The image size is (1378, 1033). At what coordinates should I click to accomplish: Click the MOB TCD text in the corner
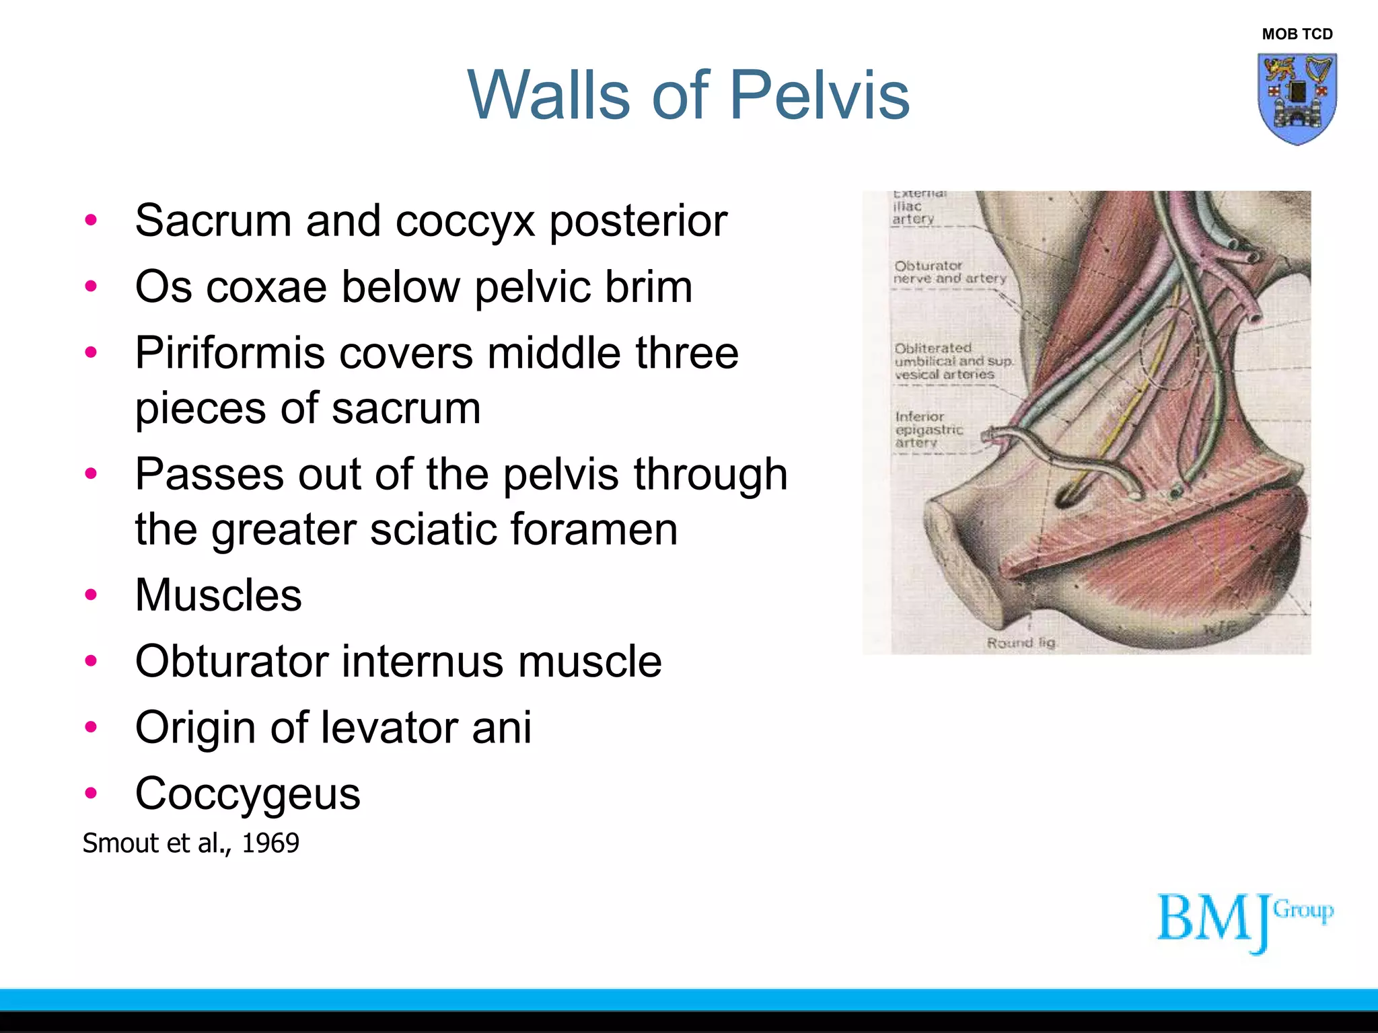[1297, 34]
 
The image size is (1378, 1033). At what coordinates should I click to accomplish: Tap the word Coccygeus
[248, 794]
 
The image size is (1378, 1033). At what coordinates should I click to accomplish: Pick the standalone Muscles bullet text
[218, 595]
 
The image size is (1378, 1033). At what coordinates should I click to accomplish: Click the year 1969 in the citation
[270, 843]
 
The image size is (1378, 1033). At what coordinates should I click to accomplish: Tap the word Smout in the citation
[116, 843]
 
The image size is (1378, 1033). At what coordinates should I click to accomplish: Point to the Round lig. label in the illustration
[1021, 643]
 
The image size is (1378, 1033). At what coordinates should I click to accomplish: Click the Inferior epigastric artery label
[929, 430]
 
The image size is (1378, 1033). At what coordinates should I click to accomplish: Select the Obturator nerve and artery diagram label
[949, 272]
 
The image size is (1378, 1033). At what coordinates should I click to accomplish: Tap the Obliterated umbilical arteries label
[953, 361]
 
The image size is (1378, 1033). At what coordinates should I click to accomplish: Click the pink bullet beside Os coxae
[91, 287]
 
